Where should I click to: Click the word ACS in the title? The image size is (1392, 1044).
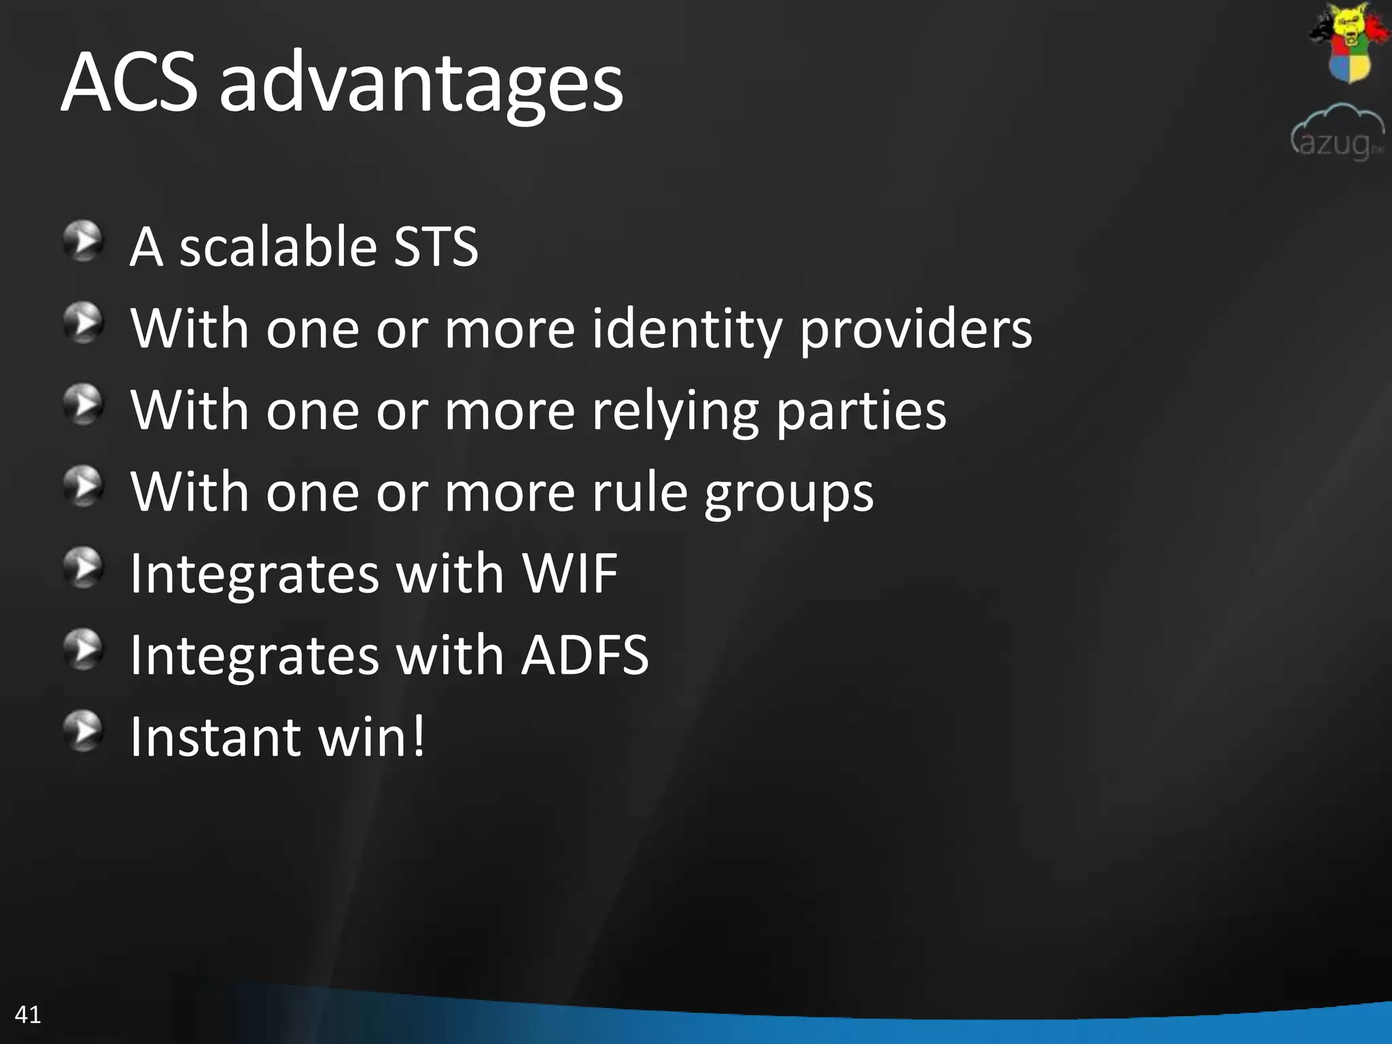129,83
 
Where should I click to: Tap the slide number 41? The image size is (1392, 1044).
28,1015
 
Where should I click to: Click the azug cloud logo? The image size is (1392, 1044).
1337,133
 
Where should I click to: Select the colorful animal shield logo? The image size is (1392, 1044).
1348,42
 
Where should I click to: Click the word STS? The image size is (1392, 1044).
436,246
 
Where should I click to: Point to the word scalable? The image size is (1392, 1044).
277,246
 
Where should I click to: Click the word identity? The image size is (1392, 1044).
686,330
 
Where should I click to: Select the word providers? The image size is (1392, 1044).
915,330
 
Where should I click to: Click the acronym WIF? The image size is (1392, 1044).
570,574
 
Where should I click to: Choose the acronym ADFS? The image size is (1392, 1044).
585,655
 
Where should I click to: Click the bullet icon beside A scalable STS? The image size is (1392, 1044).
84,241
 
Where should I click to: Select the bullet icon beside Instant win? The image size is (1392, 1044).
84,731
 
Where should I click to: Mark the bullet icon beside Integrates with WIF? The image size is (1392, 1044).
84,568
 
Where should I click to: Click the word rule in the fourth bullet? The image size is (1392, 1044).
640,492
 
